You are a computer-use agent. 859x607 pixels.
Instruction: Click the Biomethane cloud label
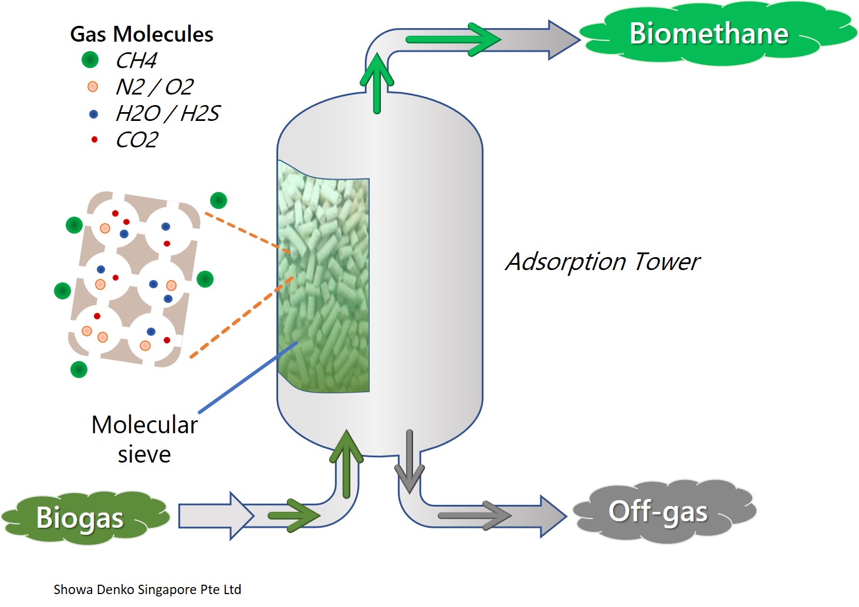(x=709, y=33)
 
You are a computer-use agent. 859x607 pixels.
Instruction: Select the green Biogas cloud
(x=80, y=517)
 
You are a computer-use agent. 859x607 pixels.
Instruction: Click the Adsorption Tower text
(x=603, y=262)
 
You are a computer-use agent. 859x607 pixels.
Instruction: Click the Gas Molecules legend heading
(x=141, y=34)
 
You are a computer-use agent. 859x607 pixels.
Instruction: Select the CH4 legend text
(x=136, y=60)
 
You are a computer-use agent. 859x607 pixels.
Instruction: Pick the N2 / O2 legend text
(x=154, y=87)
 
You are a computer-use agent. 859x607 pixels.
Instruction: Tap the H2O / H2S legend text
(x=167, y=113)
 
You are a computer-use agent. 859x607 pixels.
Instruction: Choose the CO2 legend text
(x=137, y=140)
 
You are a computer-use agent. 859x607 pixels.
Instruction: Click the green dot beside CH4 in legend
(x=90, y=60)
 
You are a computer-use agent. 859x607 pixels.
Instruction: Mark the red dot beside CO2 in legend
(x=94, y=139)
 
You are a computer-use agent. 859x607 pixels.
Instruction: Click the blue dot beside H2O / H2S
(x=93, y=114)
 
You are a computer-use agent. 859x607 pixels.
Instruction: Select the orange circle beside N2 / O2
(x=93, y=87)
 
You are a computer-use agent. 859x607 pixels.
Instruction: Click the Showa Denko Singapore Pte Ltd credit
(x=147, y=589)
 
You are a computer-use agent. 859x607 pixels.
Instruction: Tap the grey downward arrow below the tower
(x=409, y=461)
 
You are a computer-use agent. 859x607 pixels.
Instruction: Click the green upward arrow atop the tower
(x=377, y=82)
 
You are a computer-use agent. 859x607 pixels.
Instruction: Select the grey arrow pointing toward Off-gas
(x=474, y=515)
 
